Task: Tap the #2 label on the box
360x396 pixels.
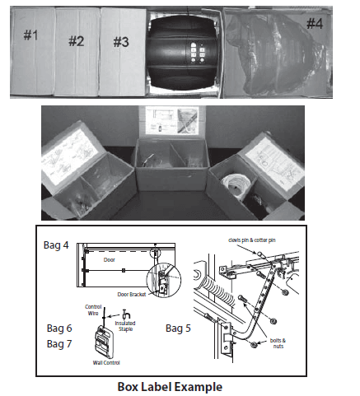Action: tap(77, 40)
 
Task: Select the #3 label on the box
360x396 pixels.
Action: tap(121, 41)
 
